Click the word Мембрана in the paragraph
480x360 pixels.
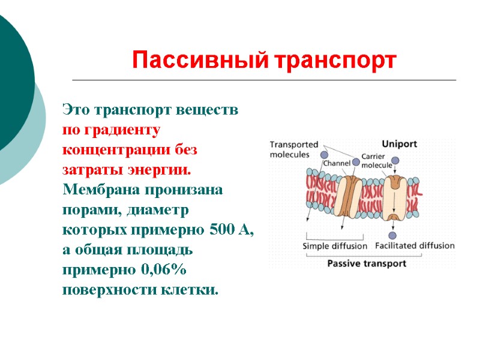coord(99,190)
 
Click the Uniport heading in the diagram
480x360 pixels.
coord(400,144)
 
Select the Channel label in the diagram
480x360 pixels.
coord(337,163)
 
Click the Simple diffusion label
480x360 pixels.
coord(335,246)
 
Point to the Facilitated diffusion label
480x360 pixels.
coord(415,245)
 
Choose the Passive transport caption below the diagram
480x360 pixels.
coord(366,263)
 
